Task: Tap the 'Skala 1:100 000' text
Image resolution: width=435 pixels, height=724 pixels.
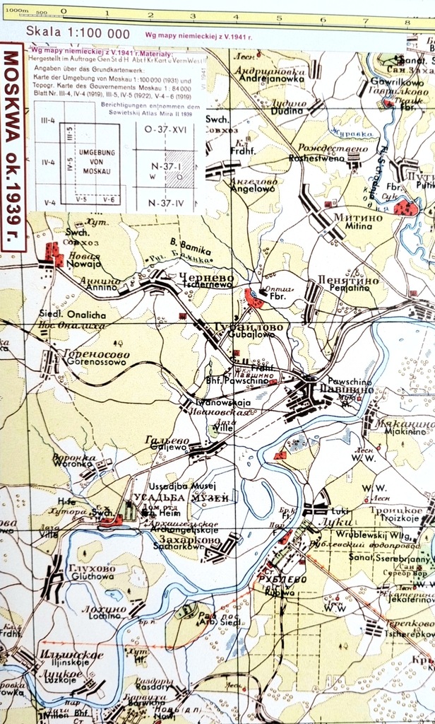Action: click(78, 33)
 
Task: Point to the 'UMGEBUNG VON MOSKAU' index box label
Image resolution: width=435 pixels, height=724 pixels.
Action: click(97, 163)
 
